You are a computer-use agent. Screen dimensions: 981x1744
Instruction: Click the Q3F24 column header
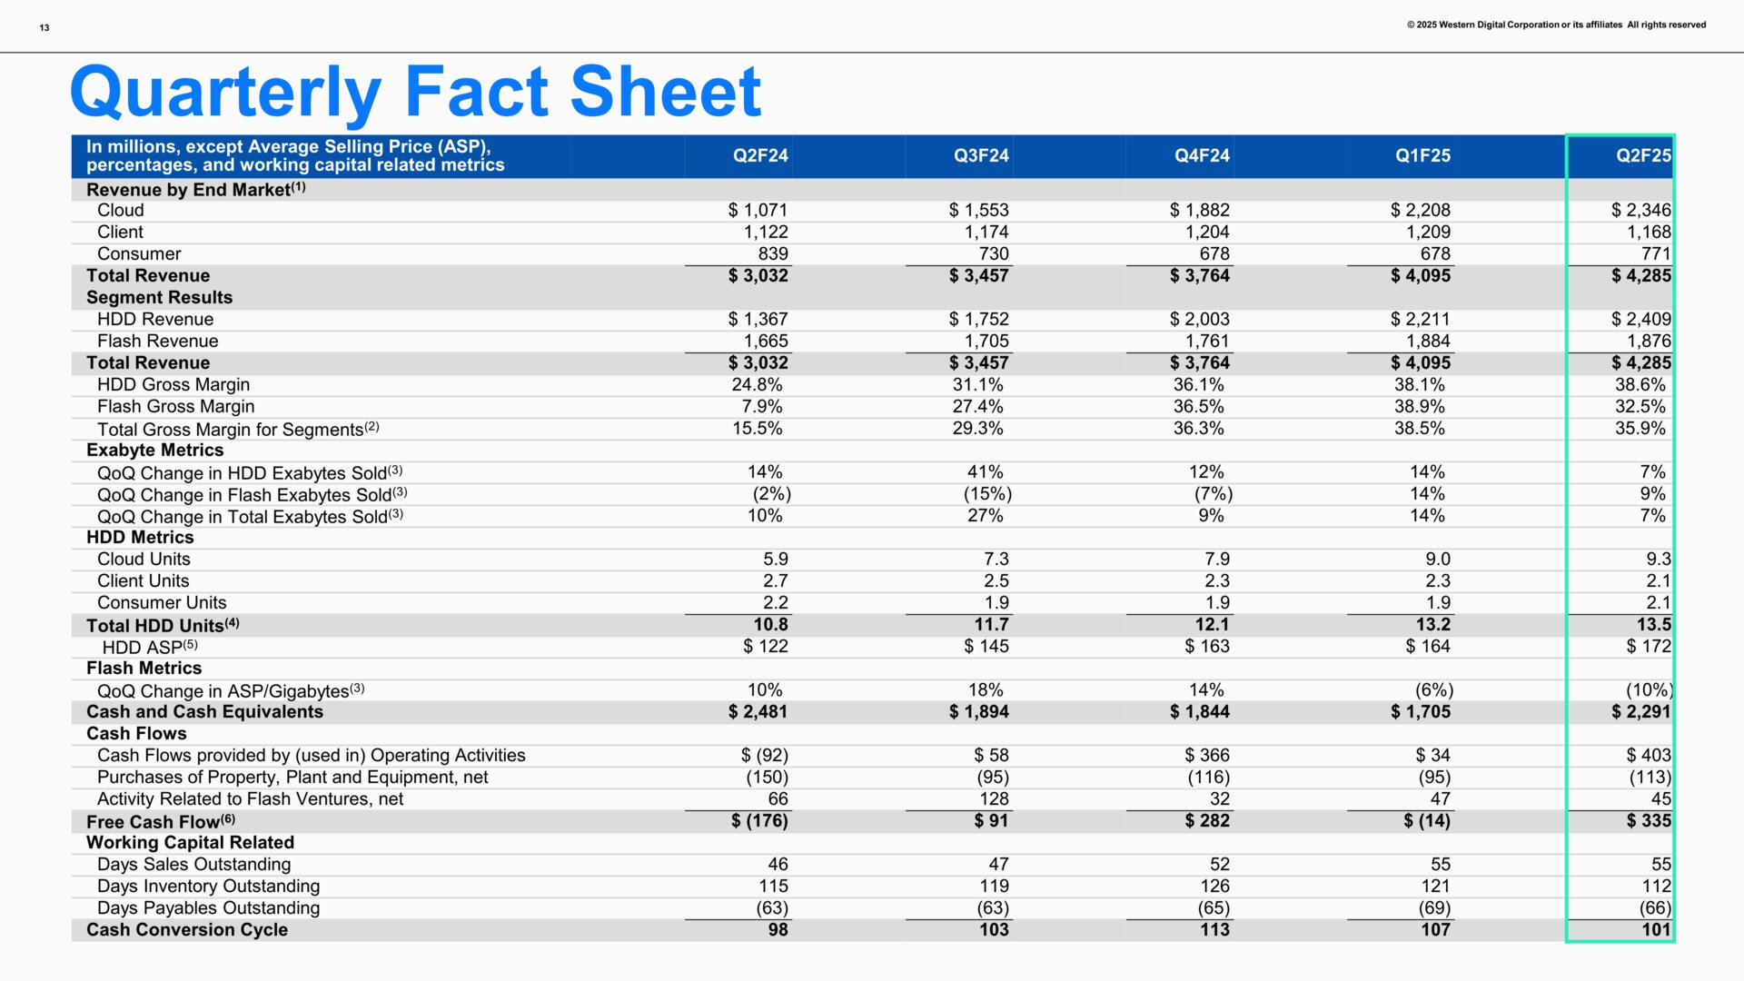[981, 155]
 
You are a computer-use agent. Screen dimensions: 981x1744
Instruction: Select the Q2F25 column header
[1642, 155]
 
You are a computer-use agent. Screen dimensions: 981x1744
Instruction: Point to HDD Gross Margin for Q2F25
[1640, 384]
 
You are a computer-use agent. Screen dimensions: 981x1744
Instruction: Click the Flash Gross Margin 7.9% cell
[757, 406]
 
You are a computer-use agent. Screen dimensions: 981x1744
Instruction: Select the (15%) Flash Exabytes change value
[987, 493]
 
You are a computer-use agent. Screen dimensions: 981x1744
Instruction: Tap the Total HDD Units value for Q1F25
[1432, 624]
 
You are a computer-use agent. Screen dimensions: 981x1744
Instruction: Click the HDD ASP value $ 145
[986, 646]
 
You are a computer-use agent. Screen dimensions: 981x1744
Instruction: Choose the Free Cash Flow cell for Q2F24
[759, 820]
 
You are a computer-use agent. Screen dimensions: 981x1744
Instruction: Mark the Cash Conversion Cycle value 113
[1214, 929]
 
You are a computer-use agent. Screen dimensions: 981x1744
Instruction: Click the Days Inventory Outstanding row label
[208, 886]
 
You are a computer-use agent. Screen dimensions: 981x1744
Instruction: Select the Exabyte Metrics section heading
[154, 450]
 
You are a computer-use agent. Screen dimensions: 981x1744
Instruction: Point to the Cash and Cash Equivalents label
[204, 711]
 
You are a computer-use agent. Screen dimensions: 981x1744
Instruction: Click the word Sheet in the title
[665, 92]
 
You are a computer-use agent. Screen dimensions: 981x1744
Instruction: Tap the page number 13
[45, 27]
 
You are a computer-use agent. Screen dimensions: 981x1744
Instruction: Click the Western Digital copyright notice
[1556, 25]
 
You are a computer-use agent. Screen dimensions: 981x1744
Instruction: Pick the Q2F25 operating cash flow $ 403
[1648, 755]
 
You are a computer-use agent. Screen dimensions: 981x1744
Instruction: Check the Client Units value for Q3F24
[996, 580]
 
